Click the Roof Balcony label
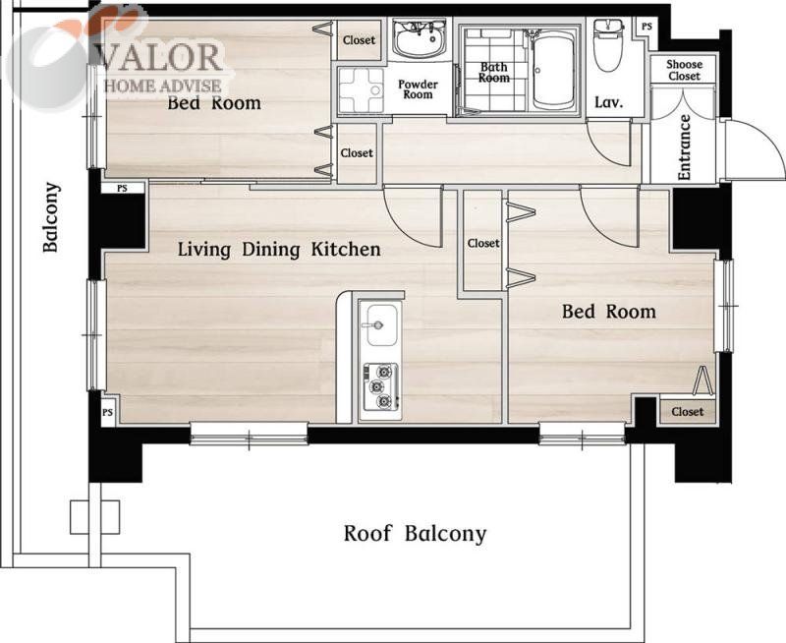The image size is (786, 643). point(415,534)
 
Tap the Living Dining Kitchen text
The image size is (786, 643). point(279,250)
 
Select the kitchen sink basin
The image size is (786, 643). point(382,324)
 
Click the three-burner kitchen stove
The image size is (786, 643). point(381,386)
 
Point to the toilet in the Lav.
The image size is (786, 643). point(607,45)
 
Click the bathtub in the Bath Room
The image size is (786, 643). point(554,70)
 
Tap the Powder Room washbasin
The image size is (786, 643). point(420,38)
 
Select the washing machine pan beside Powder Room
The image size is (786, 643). point(361,90)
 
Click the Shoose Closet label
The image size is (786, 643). point(684,70)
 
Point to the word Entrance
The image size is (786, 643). point(684,146)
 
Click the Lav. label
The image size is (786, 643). point(609,102)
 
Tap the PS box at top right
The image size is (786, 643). point(646,27)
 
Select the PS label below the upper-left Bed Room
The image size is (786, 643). point(122,189)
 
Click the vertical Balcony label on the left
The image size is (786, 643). point(51,217)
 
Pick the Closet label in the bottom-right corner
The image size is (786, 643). point(687,412)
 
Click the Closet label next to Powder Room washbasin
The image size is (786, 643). point(359,40)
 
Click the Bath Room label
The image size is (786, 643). point(494,72)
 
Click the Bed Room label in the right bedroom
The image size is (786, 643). point(608,312)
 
